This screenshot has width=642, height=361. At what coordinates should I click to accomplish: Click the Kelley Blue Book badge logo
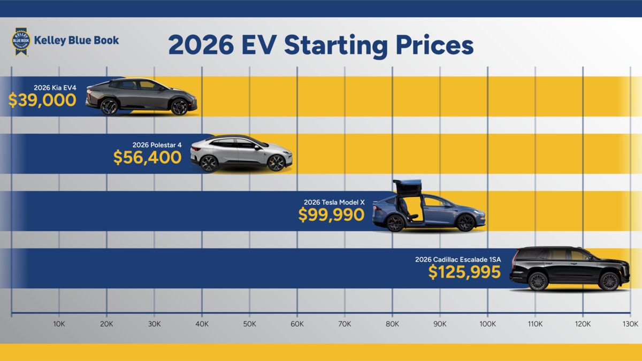[x=21, y=42]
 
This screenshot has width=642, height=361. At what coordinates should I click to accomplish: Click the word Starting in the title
[x=336, y=46]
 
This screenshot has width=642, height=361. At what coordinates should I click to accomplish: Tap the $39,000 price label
[x=42, y=100]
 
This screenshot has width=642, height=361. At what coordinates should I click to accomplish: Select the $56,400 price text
[x=147, y=157]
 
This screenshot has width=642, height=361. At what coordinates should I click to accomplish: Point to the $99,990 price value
[x=331, y=214]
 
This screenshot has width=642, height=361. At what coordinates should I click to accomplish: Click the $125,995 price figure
[x=464, y=272]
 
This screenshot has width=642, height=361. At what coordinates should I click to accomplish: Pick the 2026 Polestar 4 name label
[x=157, y=144]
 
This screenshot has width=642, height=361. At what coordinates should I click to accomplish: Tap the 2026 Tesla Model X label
[x=334, y=202]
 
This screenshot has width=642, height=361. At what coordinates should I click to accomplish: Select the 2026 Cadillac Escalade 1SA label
[x=458, y=259]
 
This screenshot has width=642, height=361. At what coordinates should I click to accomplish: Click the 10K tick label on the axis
[x=59, y=324]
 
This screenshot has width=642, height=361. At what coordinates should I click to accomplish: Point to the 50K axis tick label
[x=249, y=324]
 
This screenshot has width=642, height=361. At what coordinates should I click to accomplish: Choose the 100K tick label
[x=487, y=324]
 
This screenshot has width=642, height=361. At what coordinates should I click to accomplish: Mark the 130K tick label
[x=630, y=324]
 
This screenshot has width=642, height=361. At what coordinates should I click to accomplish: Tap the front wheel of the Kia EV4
[x=179, y=106]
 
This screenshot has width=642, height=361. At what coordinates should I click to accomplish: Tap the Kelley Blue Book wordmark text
[x=77, y=40]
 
